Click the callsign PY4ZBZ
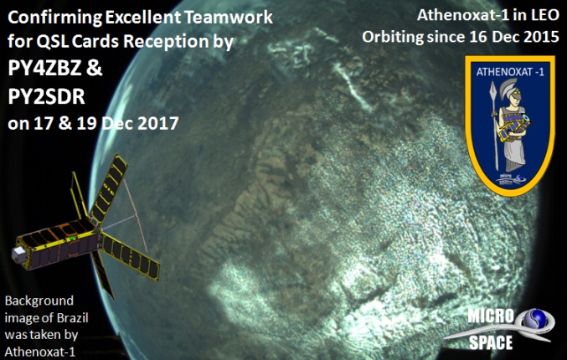tap(44, 69)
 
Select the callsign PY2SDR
tap(46, 96)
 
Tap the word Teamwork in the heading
tap(229, 17)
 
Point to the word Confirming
tap(55, 18)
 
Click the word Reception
tap(165, 42)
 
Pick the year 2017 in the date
tap(158, 123)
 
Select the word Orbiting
tap(393, 38)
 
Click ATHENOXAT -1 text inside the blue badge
tap(510, 72)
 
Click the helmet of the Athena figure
tap(510, 90)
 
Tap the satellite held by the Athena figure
tap(513, 126)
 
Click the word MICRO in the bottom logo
tap(490, 316)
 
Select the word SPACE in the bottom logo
tap(490, 342)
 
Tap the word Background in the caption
tap(39, 301)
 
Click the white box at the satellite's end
tap(19, 255)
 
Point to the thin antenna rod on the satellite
tap(135, 216)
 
